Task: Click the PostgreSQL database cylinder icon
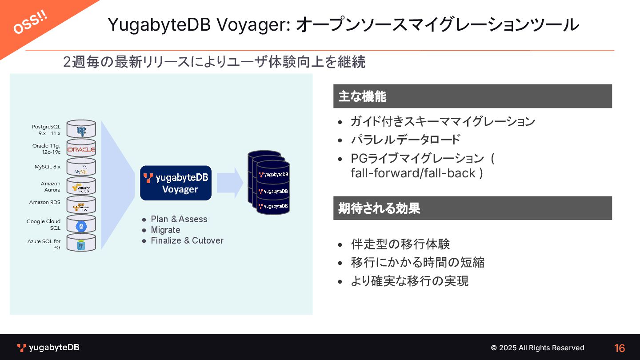[81, 129]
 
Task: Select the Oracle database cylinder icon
[81, 148]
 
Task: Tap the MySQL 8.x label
[48, 167]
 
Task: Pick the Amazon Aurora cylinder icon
[81, 186]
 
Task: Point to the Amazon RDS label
[45, 202]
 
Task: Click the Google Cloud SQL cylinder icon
[81, 224]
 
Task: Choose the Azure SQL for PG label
[44, 244]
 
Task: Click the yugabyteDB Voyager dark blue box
[176, 183]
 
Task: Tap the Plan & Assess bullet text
[179, 219]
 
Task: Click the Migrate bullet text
[165, 230]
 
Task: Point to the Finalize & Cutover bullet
[187, 240]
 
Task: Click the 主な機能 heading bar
[472, 96]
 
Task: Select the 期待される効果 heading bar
[472, 208]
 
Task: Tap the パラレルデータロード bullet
[405, 140]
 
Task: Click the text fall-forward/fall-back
[416, 173]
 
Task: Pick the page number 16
[620, 348]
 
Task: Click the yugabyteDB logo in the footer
[48, 348]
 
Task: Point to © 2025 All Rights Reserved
[537, 348]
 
